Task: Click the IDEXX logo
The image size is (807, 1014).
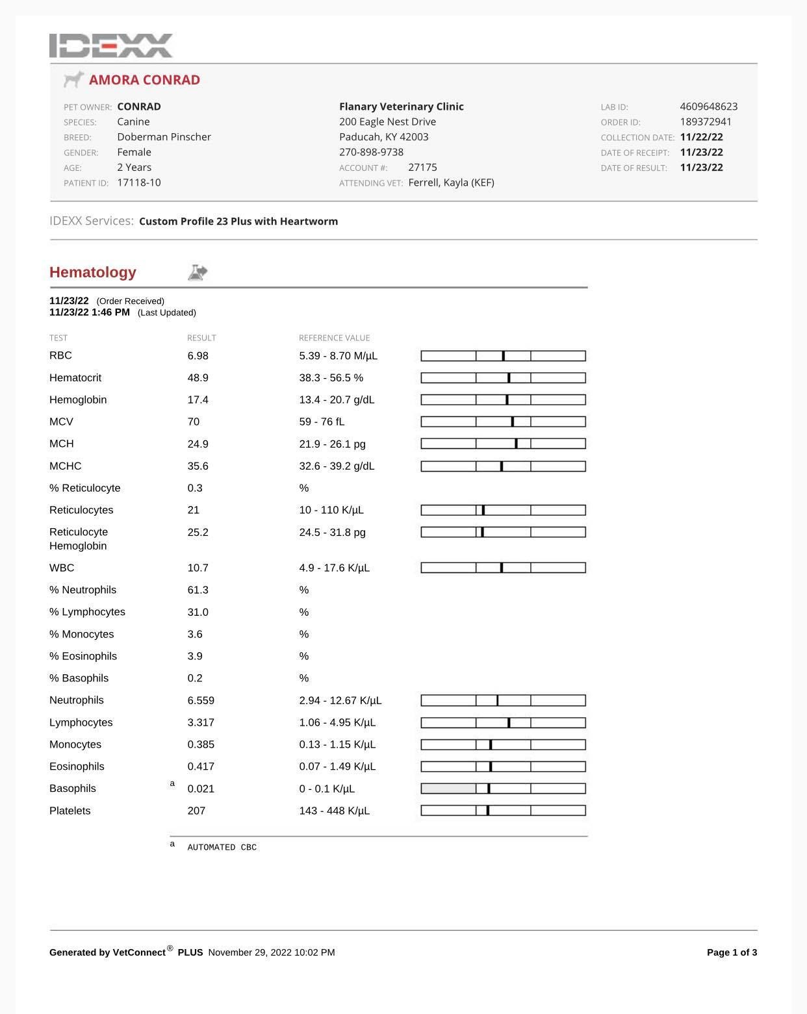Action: coord(111,45)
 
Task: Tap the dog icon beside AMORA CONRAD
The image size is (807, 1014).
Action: coord(74,79)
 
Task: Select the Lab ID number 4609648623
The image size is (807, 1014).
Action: coord(708,107)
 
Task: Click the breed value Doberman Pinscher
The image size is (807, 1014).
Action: coord(164,137)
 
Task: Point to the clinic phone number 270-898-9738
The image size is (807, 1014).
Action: coord(371,152)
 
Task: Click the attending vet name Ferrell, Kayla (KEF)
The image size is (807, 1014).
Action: coord(451,183)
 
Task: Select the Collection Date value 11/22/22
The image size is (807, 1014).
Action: coord(701,137)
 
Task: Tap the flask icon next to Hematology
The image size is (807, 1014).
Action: coord(198,272)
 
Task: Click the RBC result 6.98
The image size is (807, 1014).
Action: coord(198,356)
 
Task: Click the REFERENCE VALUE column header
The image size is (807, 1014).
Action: coord(334,338)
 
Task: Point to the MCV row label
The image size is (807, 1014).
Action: coord(61,422)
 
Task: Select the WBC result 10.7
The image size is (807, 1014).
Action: coord(198,568)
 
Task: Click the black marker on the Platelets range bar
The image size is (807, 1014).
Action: coord(488,811)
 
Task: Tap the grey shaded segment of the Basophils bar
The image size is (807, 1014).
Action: coord(448,789)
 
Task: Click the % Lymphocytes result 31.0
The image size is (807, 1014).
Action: coord(198,612)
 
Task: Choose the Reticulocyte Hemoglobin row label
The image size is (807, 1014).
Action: coord(79,539)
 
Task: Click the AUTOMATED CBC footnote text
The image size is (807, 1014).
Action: coord(222,848)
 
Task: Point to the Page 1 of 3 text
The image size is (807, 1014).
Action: coord(732,952)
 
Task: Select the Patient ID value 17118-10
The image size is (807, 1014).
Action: coord(138,183)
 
